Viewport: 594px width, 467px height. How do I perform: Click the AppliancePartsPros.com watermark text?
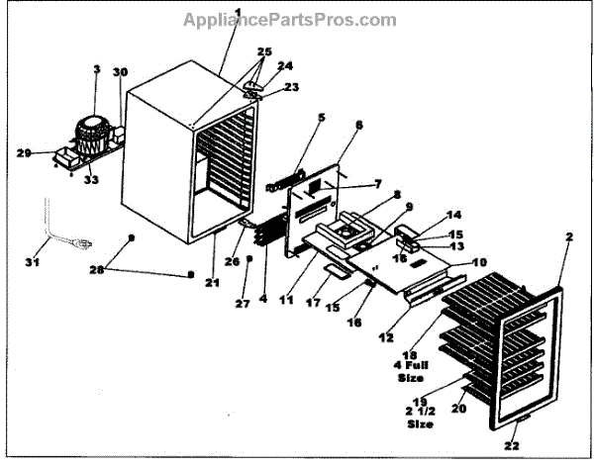point(290,19)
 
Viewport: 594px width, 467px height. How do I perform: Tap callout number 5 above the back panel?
point(293,118)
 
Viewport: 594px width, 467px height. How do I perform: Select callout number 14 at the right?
point(454,215)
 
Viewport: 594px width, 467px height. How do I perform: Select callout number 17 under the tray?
point(313,303)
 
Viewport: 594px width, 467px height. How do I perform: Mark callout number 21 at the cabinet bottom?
point(212,283)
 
